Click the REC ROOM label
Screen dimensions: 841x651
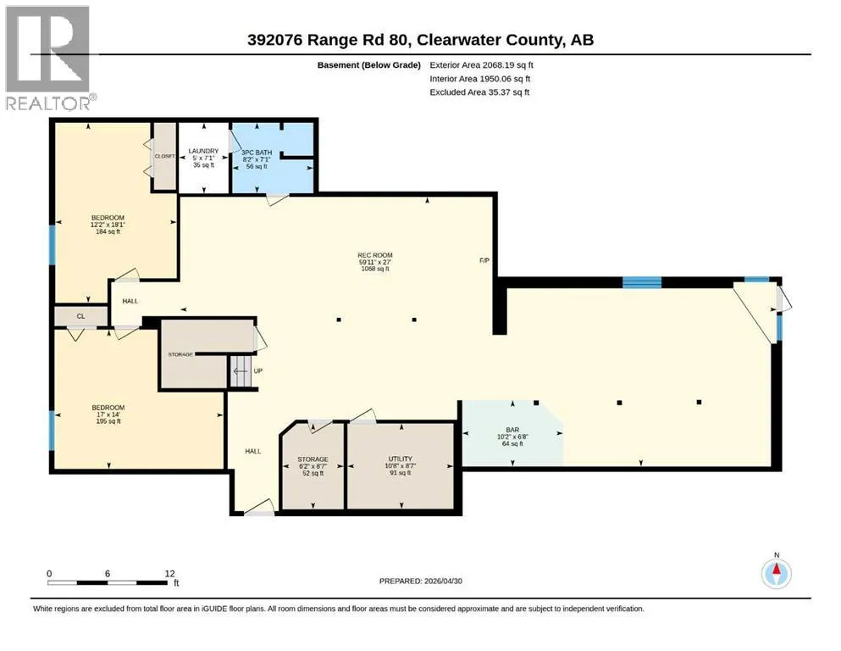375,255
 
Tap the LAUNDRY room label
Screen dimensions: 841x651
203,152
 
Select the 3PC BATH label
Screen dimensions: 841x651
257,153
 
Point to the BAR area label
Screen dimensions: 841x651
512,430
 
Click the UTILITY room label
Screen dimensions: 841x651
400,459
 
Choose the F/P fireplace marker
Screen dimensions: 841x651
484,260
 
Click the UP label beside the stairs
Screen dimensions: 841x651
258,371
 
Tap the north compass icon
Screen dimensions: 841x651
776,573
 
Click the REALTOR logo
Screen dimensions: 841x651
48,58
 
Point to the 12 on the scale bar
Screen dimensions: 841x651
170,573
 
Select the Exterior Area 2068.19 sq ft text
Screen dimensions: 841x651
481,65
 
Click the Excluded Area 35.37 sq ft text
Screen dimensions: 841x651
479,92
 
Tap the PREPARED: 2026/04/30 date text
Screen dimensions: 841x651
420,581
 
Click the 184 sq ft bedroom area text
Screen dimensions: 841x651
108,232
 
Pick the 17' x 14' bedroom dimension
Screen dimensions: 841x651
108,415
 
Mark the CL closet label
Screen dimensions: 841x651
80,316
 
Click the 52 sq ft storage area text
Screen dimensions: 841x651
313,473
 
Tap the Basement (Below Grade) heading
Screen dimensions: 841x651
369,65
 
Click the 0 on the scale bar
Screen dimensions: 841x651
49,573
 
